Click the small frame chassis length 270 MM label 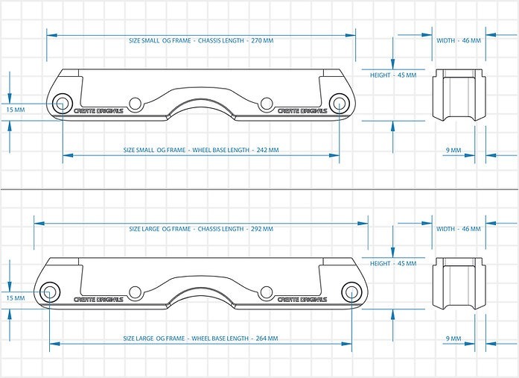coord(200,40)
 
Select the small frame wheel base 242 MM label coord(201,150)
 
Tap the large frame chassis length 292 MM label coord(201,229)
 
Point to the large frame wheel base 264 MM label coord(201,338)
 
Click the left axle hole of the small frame coord(62,103)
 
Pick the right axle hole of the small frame coord(340,103)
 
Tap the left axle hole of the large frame coord(49,292)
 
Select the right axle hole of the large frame coord(351,292)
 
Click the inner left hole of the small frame coord(135,104)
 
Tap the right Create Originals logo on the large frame coord(302,300)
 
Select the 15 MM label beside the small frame coord(15,110)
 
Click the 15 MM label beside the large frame coord(15,298)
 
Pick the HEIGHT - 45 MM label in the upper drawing coord(393,75)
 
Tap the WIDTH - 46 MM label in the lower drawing coord(459,229)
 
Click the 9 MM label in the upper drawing coord(453,151)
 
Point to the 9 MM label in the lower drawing coord(453,339)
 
